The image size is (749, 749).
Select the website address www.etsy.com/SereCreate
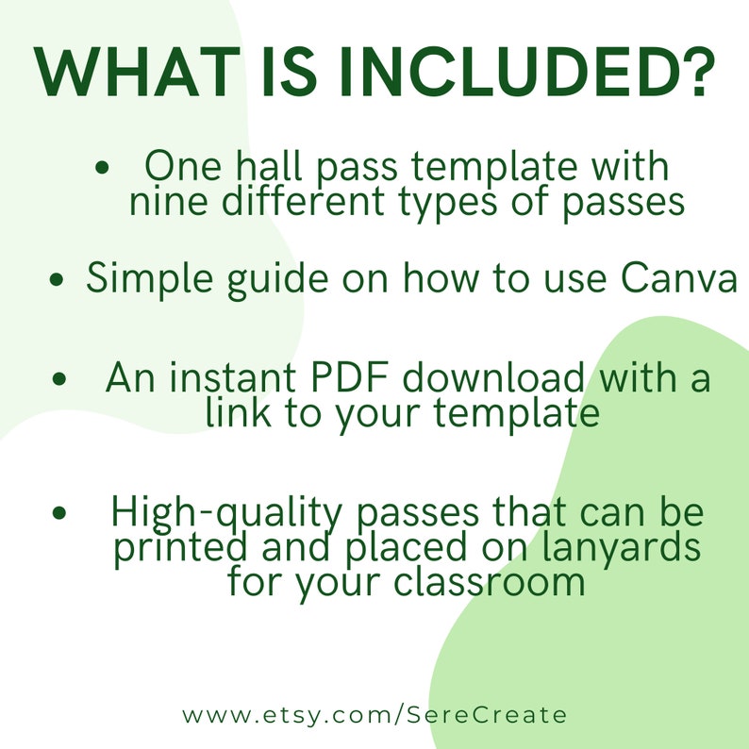[x=374, y=714]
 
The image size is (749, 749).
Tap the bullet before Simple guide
[x=58, y=280]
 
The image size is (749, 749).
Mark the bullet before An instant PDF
[x=60, y=380]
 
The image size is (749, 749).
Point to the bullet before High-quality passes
[x=60, y=514]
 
